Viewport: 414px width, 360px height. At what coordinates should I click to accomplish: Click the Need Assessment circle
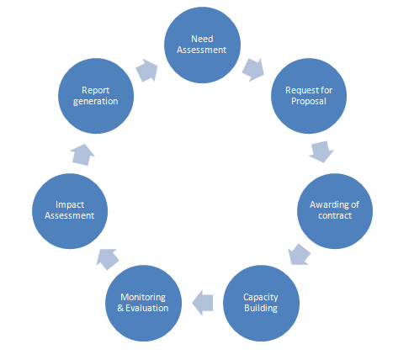[202, 45]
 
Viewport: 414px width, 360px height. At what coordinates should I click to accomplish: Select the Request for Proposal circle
[309, 96]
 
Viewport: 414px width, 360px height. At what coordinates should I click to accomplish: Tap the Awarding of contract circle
[335, 211]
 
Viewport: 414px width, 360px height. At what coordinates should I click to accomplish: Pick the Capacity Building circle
[261, 303]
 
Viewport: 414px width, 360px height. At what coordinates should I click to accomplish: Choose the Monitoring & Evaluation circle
[143, 303]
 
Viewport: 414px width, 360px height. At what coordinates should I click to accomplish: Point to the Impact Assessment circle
[70, 211]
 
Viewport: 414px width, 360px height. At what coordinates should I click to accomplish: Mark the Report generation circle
[96, 96]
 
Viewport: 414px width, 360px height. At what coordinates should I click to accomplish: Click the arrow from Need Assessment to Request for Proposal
[253, 70]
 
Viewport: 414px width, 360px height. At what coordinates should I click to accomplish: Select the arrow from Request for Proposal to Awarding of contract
[321, 151]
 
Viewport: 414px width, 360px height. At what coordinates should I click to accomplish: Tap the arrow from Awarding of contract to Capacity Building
[299, 254]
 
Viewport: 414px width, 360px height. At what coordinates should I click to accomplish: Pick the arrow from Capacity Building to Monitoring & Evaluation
[203, 303]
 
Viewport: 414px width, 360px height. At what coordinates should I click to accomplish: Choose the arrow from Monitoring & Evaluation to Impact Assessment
[108, 259]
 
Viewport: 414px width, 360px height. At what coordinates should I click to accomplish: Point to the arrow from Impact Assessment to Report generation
[82, 155]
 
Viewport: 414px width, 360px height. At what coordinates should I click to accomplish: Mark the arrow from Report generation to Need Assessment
[146, 71]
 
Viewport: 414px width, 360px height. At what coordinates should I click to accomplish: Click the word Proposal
[309, 102]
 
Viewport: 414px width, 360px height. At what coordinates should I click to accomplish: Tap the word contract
[335, 215]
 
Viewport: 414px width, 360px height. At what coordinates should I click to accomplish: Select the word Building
[261, 309]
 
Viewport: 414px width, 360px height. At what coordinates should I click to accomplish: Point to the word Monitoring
[143, 297]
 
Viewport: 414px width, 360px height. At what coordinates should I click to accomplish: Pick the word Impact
[70, 205]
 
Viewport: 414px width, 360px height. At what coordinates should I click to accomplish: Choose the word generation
[96, 102]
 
